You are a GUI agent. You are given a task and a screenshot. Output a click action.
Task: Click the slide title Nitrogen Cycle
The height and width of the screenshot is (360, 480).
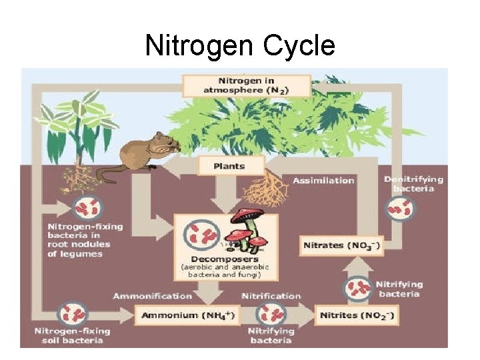coord(239,46)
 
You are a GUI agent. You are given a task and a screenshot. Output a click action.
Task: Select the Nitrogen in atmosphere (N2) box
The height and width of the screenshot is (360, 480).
coord(246,85)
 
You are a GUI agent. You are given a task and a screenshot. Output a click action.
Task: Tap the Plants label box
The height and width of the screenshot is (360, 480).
coord(231,166)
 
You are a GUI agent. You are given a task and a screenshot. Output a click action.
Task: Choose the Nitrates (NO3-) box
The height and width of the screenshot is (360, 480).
coord(341,245)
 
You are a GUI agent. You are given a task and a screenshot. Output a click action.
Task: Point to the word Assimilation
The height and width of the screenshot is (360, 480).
coord(323,180)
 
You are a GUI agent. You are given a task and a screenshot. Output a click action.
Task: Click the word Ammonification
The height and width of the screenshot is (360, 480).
coord(152,295)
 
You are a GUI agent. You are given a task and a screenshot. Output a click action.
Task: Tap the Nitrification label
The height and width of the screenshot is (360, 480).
coord(271,295)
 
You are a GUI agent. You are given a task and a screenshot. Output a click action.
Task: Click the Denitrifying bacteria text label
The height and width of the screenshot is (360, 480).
coord(413,184)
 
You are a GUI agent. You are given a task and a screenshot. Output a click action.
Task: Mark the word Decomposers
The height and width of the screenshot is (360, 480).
coord(224,259)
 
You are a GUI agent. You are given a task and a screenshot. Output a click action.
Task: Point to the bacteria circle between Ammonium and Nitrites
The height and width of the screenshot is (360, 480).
coord(271,313)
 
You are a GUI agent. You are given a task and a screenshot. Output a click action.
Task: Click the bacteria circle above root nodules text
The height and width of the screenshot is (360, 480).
coord(86,208)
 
